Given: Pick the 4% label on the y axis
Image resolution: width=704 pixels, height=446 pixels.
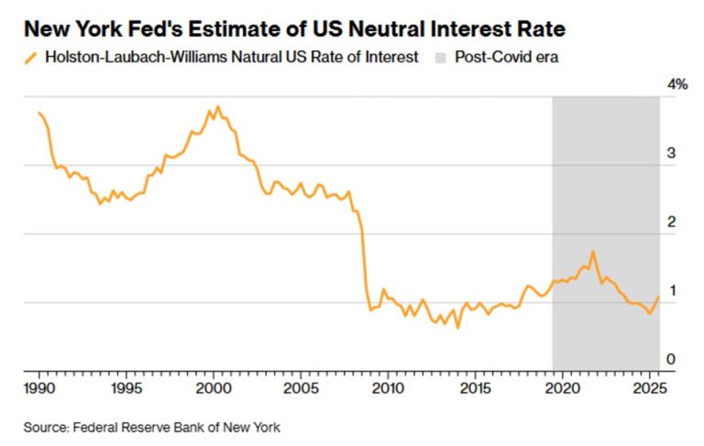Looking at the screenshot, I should tap(677, 84).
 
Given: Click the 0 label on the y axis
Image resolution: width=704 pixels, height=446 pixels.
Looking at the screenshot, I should tap(671, 360).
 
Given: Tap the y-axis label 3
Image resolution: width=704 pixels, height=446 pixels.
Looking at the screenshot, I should tap(671, 153).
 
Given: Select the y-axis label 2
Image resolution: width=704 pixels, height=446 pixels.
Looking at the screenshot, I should tap(671, 222).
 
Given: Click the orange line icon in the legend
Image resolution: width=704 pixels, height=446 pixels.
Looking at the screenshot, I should tap(29, 58).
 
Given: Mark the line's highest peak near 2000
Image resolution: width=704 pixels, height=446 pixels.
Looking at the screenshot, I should tap(216, 106).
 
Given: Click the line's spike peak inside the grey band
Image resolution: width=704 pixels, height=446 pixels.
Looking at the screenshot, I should tap(593, 251).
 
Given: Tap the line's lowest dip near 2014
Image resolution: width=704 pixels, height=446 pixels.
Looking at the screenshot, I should tap(457, 327).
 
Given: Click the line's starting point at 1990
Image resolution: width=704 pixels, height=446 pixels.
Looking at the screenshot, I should tap(38, 113).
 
